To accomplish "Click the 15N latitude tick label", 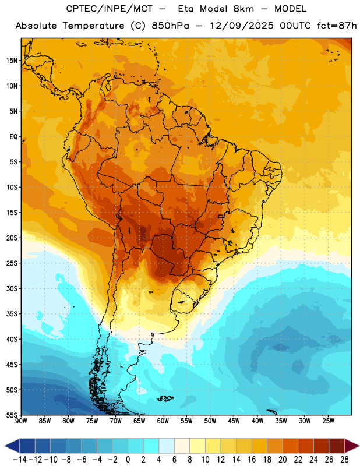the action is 12,61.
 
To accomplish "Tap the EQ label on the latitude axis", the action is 13,137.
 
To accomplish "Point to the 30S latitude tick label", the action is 12,288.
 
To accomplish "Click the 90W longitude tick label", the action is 21,421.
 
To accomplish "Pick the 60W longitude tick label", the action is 163,421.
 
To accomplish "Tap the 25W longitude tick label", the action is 328,421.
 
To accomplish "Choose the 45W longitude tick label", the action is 234,421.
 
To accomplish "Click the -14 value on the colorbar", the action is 20,460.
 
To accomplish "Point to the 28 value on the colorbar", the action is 344,460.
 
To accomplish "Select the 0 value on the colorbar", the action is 128,460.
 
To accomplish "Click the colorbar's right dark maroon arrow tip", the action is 359,446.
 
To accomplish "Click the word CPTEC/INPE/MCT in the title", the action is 110,9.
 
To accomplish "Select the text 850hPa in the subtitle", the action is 170,26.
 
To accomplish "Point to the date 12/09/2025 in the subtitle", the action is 242,26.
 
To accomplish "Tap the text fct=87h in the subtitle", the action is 337,26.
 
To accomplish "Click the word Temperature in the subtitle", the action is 93,26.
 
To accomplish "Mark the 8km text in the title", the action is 243,9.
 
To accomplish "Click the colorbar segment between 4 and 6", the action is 167,446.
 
